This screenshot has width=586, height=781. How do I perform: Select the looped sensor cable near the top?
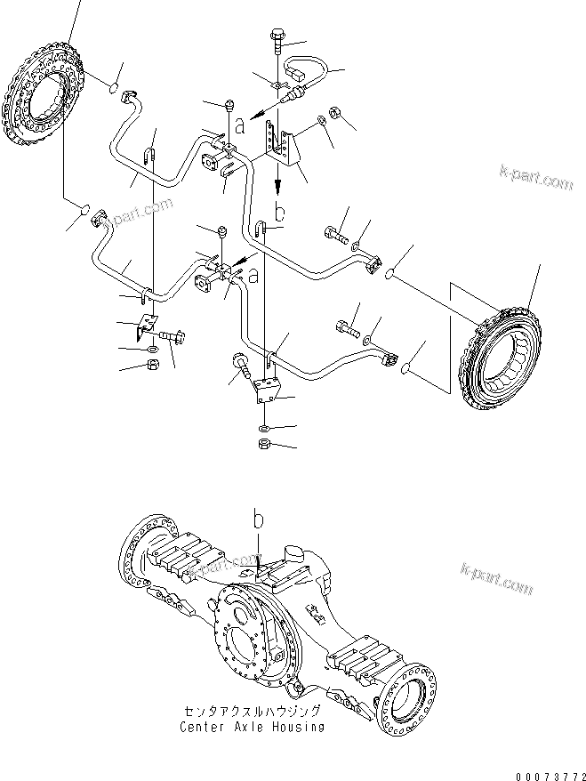coord(301,75)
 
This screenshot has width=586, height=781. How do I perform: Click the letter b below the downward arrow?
coord(279,213)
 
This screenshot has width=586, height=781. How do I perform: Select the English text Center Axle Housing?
coord(251,727)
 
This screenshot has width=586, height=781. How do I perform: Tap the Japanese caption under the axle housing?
coord(251,713)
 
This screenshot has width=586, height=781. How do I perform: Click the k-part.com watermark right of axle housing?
coord(496,580)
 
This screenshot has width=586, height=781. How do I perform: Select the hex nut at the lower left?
coord(151,365)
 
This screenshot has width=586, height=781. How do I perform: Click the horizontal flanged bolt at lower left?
coord(172,337)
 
